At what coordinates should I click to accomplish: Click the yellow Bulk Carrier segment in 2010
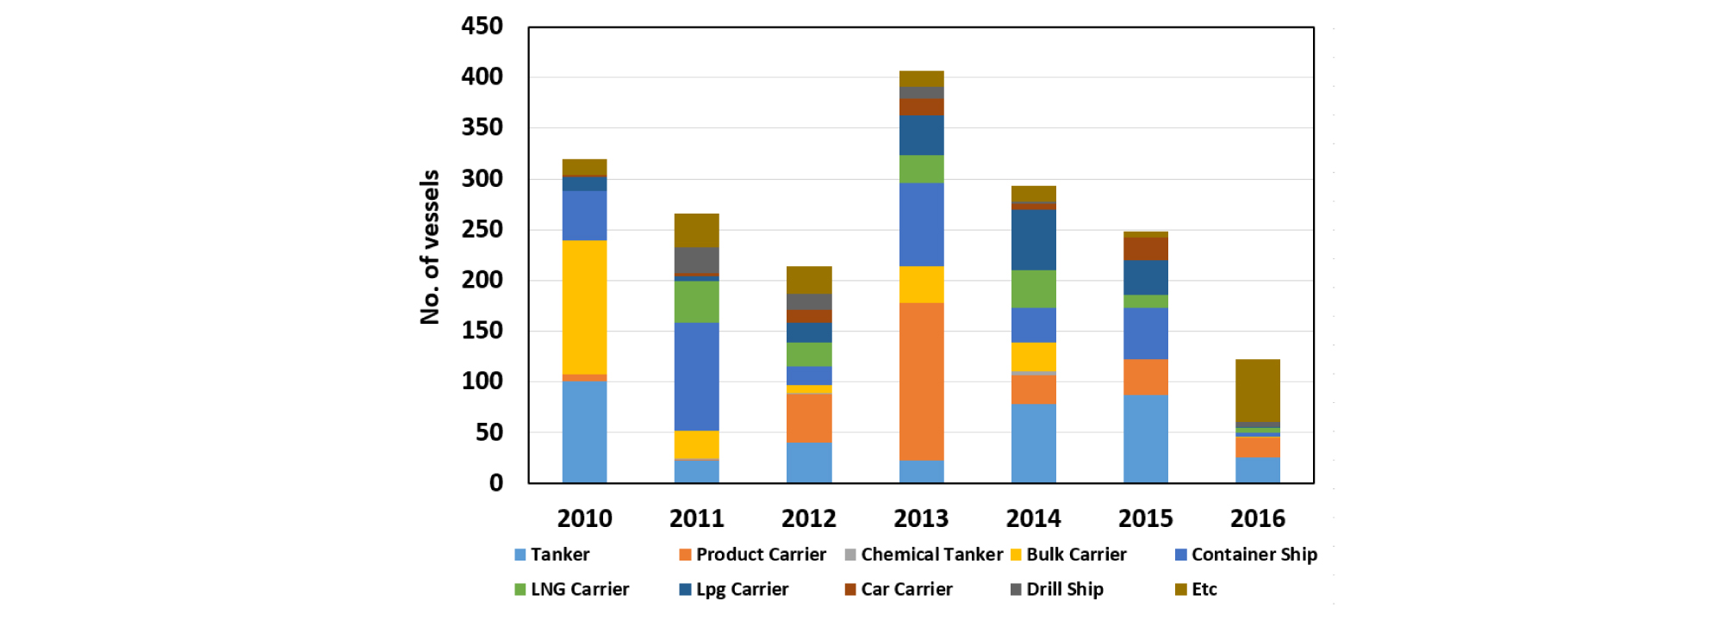click(584, 307)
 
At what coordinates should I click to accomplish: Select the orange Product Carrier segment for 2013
click(921, 381)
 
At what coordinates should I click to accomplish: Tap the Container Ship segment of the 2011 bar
click(696, 376)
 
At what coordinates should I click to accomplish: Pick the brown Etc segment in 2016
click(1257, 390)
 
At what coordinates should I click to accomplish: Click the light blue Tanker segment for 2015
click(1145, 438)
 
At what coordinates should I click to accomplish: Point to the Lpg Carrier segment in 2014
click(1033, 240)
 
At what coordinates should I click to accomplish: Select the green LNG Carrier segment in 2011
click(696, 301)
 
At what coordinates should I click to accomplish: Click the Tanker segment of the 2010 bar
click(584, 431)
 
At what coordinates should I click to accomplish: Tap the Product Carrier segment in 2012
click(809, 418)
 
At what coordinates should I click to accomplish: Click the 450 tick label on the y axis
click(482, 26)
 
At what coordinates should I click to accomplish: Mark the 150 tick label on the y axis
click(482, 331)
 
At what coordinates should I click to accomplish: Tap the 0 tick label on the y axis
click(496, 483)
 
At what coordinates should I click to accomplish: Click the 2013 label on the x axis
click(921, 518)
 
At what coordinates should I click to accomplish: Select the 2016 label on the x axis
click(1257, 518)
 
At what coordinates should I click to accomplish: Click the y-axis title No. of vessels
click(430, 247)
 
